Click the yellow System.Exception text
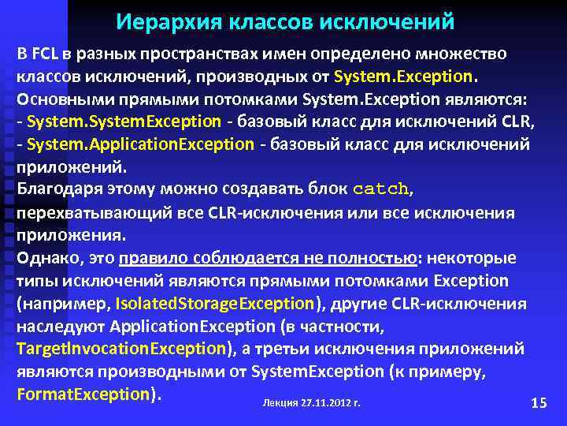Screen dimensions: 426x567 [404, 77]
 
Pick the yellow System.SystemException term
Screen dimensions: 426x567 [124, 122]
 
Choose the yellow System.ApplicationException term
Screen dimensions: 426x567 [140, 145]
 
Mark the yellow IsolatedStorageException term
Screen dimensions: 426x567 [214, 304]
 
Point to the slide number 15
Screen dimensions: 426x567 [539, 403]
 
